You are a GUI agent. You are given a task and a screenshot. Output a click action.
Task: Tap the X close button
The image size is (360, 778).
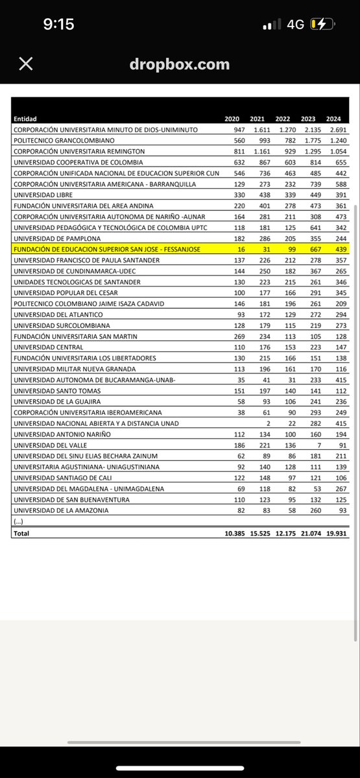coord(25,64)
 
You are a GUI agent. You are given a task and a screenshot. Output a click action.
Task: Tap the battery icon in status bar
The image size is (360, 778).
coord(322,25)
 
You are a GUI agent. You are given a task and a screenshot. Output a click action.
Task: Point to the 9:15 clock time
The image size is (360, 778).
coord(58,25)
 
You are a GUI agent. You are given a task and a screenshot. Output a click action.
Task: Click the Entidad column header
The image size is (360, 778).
coord(25,119)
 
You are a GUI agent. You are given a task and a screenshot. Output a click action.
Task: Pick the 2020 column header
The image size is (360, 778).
coord(232,119)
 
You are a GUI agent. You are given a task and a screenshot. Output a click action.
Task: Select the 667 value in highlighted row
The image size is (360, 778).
coord(309,248)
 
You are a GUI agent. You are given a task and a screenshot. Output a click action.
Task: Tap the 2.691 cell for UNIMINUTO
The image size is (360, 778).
coord(334,129)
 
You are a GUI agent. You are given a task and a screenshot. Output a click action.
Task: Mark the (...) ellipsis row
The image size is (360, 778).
coord(19,521)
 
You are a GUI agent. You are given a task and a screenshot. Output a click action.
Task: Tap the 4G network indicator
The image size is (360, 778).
coord(295,25)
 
